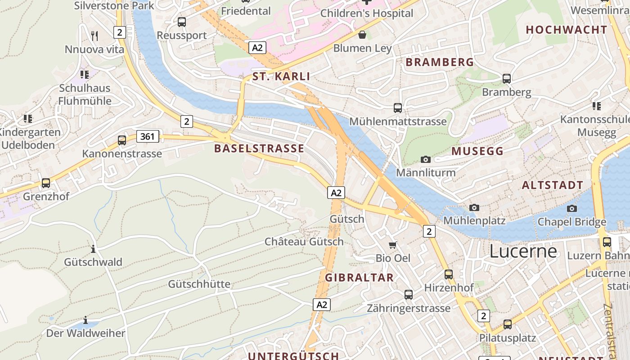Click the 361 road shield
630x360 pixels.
coord(148,136)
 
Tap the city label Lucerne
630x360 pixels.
coord(523,251)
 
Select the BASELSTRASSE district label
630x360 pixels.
coord(259,148)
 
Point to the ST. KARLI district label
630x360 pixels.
coord(281,76)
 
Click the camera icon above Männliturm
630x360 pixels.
coord(425,159)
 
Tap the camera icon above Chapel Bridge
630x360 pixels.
coord(572,208)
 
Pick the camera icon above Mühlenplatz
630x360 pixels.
coord(474,207)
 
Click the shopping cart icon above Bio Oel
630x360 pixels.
coord(393,245)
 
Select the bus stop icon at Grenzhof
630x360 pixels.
coord(46,183)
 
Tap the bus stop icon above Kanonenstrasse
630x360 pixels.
coord(122,140)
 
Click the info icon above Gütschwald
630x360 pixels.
coord(93,249)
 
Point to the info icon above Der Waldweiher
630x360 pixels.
coord(85,320)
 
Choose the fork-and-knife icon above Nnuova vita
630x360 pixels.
coord(94,36)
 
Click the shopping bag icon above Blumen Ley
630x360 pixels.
coord(362,35)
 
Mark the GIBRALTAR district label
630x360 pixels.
coord(360,278)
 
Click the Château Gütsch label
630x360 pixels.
coord(304,242)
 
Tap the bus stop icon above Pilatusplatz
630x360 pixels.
coord(508,324)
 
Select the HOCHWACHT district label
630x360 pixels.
coord(567,30)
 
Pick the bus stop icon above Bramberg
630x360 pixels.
coord(507,79)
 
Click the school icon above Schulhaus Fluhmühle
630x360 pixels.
coord(85,74)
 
